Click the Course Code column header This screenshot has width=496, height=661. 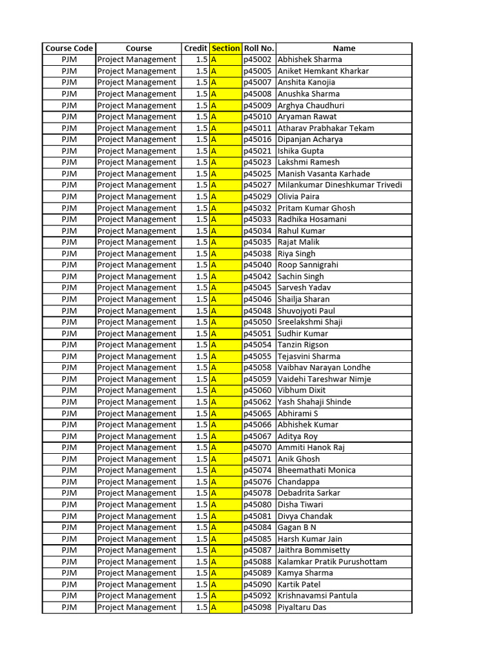69,48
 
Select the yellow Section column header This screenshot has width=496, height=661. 225,48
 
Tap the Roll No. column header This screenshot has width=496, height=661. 259,48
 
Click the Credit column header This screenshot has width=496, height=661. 195,48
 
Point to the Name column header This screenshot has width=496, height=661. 344,48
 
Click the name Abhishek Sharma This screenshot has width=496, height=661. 310,59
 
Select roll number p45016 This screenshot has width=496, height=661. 258,139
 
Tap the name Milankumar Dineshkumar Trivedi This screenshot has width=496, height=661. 340,185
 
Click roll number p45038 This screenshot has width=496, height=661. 258,254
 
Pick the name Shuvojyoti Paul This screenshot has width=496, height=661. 306,310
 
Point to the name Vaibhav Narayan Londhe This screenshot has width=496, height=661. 324,368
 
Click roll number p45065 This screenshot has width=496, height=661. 258,413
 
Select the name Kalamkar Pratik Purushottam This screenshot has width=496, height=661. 333,562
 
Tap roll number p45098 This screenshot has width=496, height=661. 258,607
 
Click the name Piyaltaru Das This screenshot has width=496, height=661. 302,607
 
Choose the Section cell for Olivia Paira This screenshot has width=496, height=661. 225,196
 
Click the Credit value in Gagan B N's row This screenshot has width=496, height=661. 201,527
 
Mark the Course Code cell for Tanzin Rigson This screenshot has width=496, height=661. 69,345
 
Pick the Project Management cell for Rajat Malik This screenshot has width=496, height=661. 137,242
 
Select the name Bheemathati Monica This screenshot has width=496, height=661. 316,471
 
